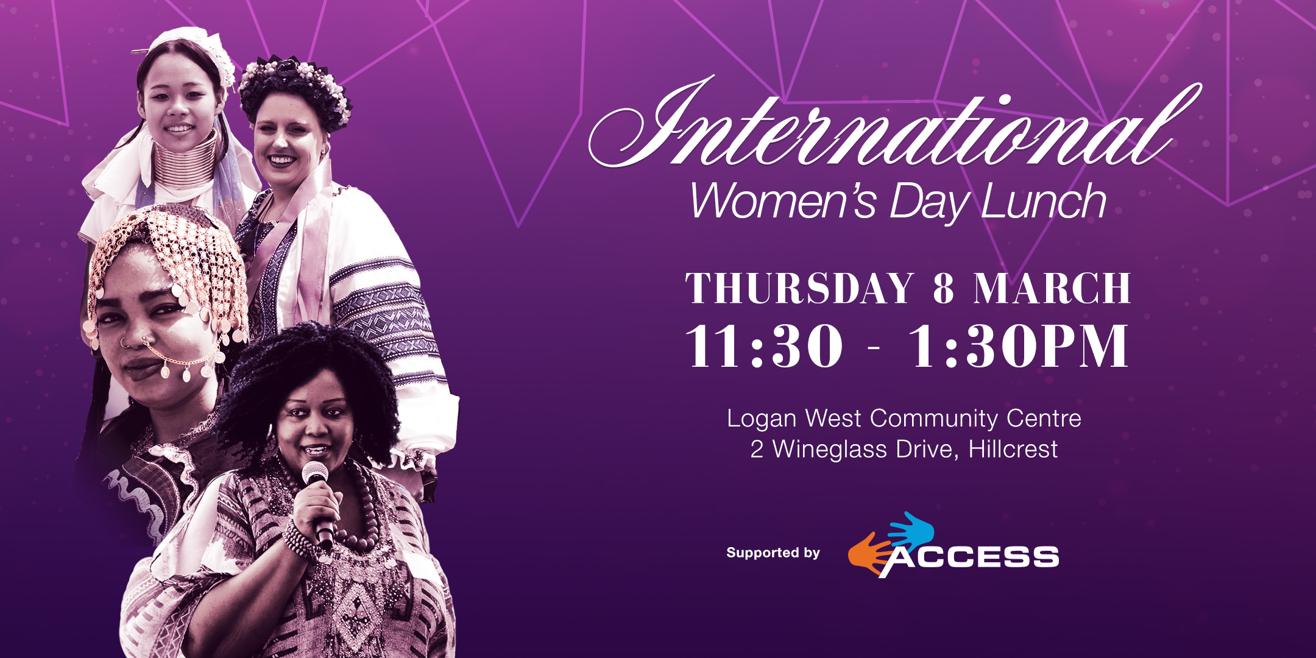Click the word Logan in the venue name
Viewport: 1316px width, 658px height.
pos(762,420)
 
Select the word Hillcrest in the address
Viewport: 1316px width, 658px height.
pos(1013,450)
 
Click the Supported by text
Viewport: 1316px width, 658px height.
pos(773,553)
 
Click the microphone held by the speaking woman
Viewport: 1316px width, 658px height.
pos(319,503)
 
